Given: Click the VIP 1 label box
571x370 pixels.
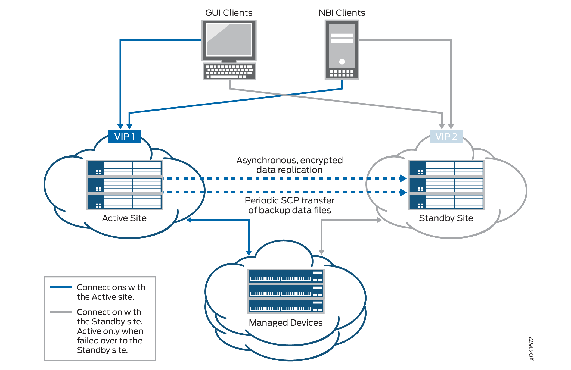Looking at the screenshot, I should pyautogui.click(x=124, y=136).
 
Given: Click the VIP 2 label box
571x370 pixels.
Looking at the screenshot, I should pyautogui.click(x=446, y=136).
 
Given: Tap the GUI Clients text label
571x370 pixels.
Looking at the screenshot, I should pyautogui.click(x=228, y=13).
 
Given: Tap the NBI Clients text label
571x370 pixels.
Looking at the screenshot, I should pyautogui.click(x=342, y=13).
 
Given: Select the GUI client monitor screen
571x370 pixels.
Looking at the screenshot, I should pyautogui.click(x=229, y=40).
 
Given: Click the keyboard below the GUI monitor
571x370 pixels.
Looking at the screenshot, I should pyautogui.click(x=229, y=71).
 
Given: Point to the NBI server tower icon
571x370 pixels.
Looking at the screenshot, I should pyautogui.click(x=342, y=50).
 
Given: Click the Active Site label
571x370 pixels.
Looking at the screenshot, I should pyautogui.click(x=124, y=218).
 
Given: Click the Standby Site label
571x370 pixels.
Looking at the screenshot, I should pyautogui.click(x=446, y=218).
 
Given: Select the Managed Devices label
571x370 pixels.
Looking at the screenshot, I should pyautogui.click(x=285, y=322).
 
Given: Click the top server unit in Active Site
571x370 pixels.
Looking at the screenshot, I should pyautogui.click(x=125, y=168).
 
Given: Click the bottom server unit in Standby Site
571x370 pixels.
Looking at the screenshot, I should pyautogui.click(x=446, y=202).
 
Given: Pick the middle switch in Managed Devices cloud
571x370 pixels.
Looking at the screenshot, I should pyautogui.click(x=286, y=291).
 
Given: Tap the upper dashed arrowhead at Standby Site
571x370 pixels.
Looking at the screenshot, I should pyautogui.click(x=403, y=178).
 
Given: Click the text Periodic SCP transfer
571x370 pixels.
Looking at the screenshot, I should pyautogui.click(x=289, y=200).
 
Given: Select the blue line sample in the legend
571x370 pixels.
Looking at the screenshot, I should pyautogui.click(x=61, y=287).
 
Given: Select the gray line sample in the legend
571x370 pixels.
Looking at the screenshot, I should pyautogui.click(x=61, y=312).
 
